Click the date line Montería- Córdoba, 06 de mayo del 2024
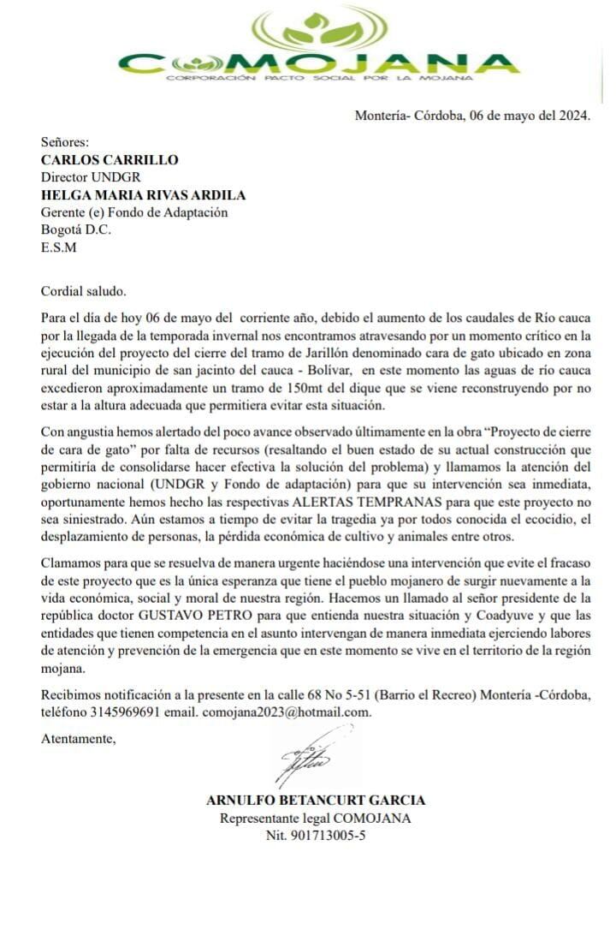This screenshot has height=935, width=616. tap(473, 116)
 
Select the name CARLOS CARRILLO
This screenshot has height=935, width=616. tap(110, 159)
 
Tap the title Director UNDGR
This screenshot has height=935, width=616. tap(85, 177)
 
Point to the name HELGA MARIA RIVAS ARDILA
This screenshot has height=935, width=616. tap(144, 195)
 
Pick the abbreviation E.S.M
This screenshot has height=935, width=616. tap(59, 248)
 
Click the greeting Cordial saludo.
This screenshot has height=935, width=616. tap(83, 291)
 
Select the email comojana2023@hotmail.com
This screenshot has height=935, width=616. tap(287, 712)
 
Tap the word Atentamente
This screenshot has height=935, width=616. tap(78, 738)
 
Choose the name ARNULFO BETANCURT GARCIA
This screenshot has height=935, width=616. tap(316, 801)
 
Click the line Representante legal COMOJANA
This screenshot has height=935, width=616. tap(316, 819)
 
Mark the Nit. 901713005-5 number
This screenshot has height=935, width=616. tap(316, 836)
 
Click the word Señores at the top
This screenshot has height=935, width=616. tap(65, 142)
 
